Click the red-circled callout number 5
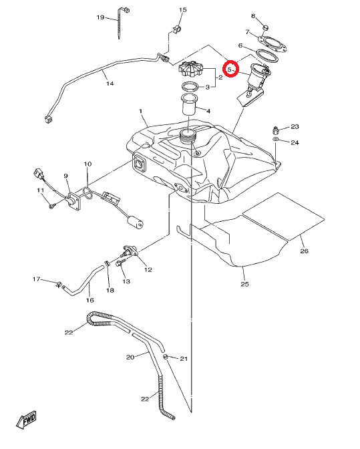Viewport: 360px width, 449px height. point(229,69)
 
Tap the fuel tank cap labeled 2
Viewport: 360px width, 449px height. point(190,68)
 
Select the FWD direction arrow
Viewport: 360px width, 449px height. point(27,420)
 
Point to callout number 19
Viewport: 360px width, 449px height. point(100,17)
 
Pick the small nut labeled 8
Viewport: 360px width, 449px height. point(266,28)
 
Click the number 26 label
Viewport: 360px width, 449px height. point(304,251)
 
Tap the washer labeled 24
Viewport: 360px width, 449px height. point(275,139)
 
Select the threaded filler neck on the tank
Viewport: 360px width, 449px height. point(188,136)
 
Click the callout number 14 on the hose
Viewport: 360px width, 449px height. point(110,84)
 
